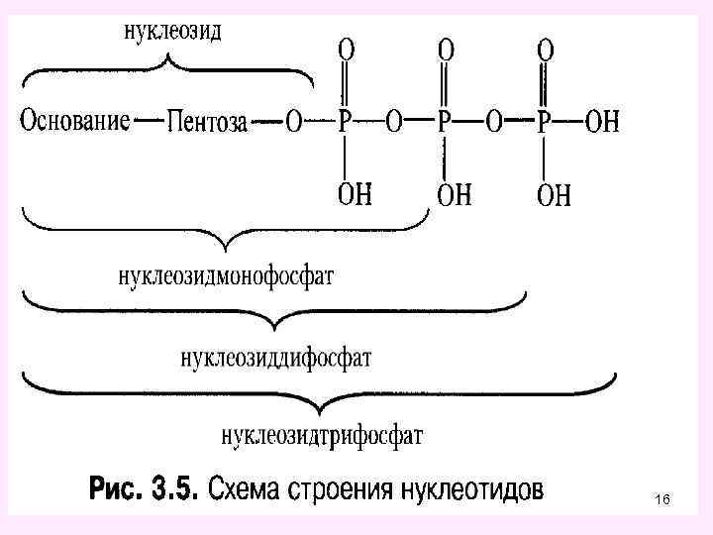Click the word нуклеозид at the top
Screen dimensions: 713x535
172,31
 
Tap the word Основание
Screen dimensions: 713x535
74,122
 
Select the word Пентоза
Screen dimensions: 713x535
208,124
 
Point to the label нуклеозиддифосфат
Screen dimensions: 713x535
275,357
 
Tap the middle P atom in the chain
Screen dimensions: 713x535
445,122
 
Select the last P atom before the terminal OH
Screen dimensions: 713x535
544,122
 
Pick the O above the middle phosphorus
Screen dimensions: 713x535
447,50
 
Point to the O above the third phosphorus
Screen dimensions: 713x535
545,50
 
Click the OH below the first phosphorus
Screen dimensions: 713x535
355,193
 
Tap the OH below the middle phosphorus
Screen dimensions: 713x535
455,194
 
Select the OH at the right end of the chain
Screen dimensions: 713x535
602,122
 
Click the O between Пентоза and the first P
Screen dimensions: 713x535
294,123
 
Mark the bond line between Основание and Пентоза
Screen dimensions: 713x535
148,123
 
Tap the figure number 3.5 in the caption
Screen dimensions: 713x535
175,489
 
